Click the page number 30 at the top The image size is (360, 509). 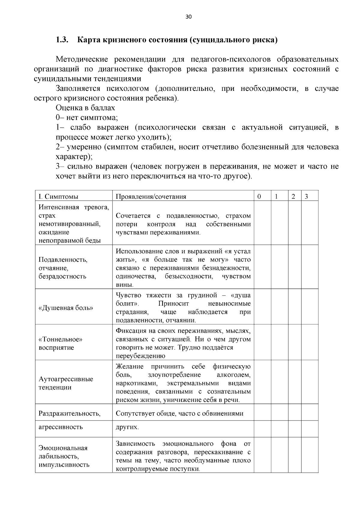tap(188, 17)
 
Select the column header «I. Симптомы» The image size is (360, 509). tap(58, 196)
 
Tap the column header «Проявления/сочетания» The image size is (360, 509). tap(151, 196)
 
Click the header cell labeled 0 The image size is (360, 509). tap(259, 196)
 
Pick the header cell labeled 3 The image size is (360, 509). tap(306, 196)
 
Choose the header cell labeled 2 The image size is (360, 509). tap(293, 196)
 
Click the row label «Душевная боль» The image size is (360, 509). tap(66, 308)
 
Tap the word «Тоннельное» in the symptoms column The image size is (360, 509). tap(60, 339)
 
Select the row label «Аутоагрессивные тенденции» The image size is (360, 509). tap(66, 383)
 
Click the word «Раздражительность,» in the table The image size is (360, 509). tap(69, 413)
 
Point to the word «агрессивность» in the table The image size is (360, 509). tap(61, 427)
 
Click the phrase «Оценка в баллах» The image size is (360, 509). tap(85, 108)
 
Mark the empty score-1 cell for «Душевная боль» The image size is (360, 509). tap(280, 307)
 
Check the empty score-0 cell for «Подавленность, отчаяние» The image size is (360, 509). tap(262, 267)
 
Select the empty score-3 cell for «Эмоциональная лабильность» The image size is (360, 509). tap(310, 455)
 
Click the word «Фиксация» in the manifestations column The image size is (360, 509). tap(130, 331)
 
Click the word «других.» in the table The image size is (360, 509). tap(127, 427)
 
